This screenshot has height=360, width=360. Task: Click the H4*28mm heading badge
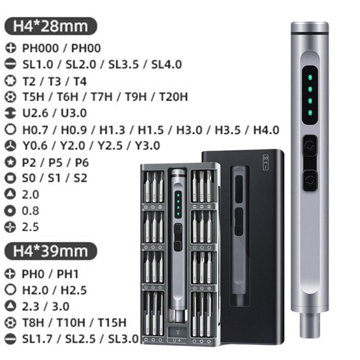[50, 27]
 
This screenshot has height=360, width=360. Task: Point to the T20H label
[173, 97]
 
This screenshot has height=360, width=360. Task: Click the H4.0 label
[266, 130]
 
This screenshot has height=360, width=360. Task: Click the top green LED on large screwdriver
[309, 77]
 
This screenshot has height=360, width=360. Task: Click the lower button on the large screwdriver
[309, 180]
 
